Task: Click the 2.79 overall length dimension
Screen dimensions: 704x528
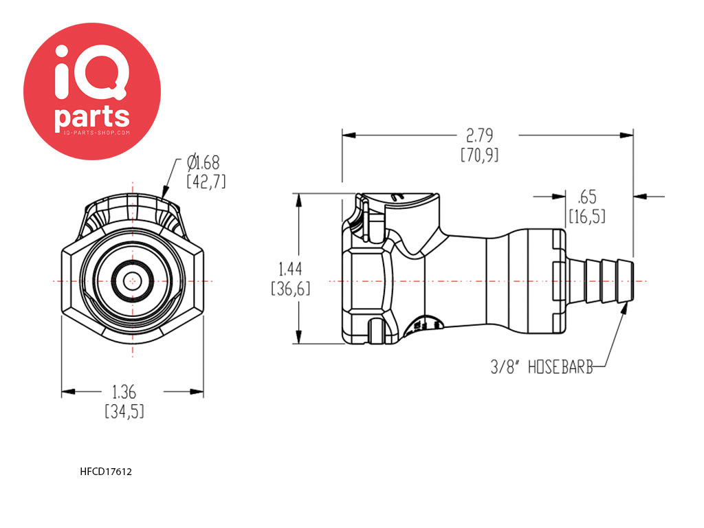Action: (x=479, y=135)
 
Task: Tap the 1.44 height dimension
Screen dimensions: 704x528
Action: (x=291, y=269)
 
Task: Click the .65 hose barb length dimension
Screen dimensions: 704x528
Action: (x=587, y=197)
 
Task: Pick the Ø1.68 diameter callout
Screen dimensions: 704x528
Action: (x=203, y=162)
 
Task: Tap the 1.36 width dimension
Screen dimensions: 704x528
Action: (x=124, y=392)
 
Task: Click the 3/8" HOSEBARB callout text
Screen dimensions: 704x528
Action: (x=542, y=367)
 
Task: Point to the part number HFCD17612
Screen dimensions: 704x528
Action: (x=106, y=472)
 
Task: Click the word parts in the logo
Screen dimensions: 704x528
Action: (x=92, y=117)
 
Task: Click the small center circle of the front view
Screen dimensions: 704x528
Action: (x=133, y=281)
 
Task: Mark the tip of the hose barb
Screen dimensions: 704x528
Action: (x=633, y=281)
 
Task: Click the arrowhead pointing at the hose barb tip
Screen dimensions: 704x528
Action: (x=624, y=309)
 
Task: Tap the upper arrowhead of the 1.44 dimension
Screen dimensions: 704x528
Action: (x=298, y=200)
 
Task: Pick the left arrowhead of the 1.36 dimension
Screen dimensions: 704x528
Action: (x=68, y=392)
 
